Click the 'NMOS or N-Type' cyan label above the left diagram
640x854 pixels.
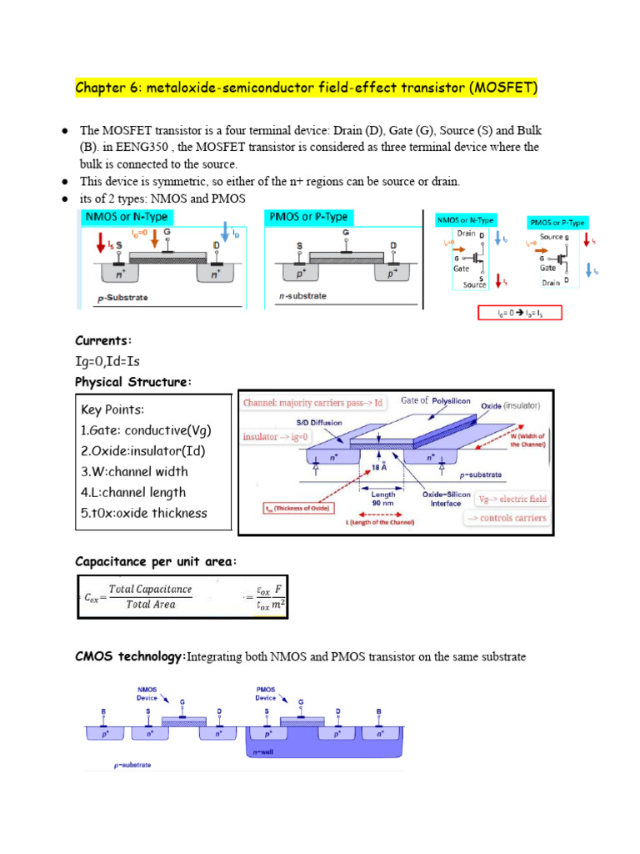(124, 218)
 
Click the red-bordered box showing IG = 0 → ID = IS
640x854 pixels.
(519, 313)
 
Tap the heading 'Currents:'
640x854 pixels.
(103, 340)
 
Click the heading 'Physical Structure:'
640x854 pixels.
(133, 382)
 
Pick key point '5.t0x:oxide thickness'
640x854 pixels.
(143, 513)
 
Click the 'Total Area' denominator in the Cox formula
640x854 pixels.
(150, 605)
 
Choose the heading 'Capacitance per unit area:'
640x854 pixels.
(156, 562)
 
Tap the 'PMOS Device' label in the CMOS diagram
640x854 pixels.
(271, 694)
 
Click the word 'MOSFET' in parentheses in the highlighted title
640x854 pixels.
(497, 88)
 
